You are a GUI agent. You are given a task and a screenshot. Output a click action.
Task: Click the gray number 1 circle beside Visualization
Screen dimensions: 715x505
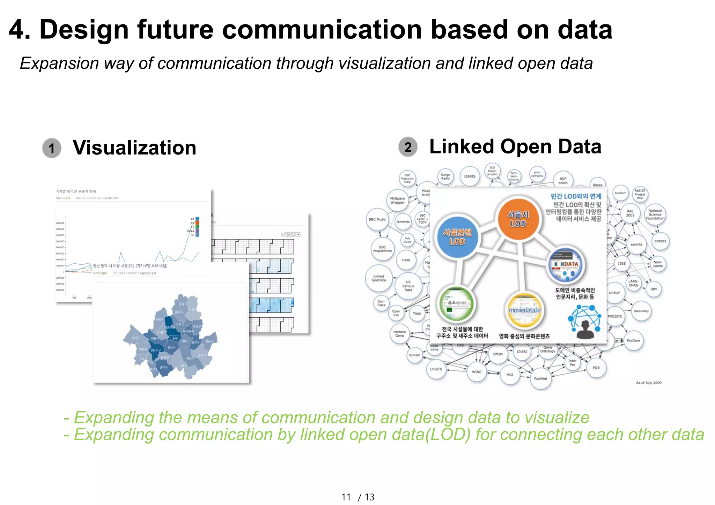[52, 148]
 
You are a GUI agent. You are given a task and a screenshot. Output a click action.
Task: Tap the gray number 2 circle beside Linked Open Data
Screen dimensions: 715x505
[408, 147]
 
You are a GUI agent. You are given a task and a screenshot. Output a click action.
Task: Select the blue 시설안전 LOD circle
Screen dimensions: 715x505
[457, 237]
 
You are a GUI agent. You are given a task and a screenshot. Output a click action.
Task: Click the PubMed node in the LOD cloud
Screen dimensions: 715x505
[540, 378]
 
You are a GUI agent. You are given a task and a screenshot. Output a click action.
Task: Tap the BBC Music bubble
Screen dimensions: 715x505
[377, 220]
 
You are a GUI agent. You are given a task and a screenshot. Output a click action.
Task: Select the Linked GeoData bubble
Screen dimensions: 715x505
[379, 278]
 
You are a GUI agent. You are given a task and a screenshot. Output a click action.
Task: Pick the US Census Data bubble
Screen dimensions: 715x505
[408, 286]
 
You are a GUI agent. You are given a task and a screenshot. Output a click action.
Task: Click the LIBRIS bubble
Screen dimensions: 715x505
[470, 176]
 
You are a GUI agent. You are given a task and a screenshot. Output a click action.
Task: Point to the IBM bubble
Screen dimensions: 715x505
[653, 289]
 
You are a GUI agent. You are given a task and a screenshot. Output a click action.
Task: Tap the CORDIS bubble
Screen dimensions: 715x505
[660, 241]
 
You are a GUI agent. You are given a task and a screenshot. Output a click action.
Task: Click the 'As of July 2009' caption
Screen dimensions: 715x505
[649, 383]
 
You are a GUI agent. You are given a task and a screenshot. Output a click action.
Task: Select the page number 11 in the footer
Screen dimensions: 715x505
[346, 497]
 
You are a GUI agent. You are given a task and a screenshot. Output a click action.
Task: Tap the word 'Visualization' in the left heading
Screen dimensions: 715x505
[134, 148]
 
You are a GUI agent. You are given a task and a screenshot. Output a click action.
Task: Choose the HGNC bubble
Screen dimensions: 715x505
[477, 372]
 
